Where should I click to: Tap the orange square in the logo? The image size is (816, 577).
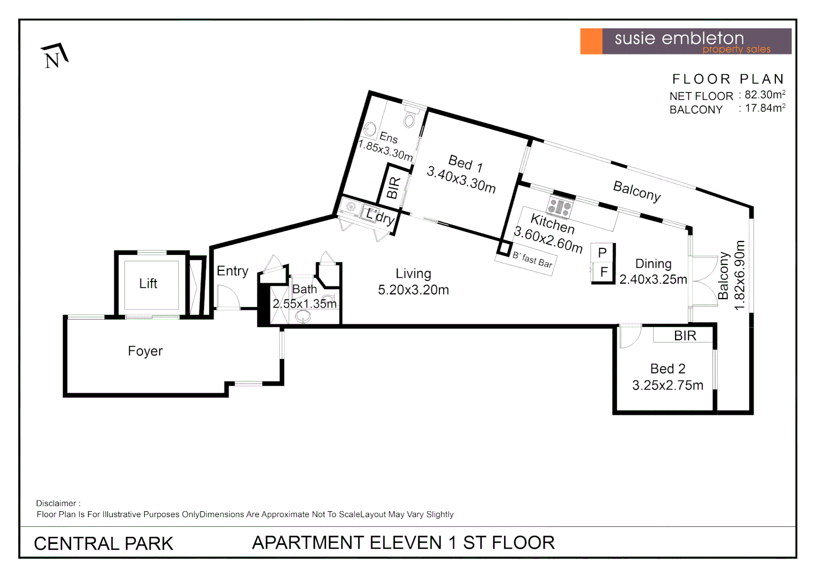click(x=591, y=41)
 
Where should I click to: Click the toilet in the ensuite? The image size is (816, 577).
click(x=410, y=118)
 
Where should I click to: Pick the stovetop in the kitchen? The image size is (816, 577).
click(x=560, y=207)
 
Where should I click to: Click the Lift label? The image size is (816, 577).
click(x=148, y=284)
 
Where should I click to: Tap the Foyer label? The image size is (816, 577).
click(x=145, y=351)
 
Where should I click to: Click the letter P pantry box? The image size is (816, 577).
click(x=602, y=253)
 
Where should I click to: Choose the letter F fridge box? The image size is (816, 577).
click(x=603, y=272)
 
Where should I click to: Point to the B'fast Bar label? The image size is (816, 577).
click(x=532, y=260)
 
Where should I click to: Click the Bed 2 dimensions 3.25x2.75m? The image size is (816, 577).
click(x=668, y=385)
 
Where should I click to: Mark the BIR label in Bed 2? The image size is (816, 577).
click(x=685, y=336)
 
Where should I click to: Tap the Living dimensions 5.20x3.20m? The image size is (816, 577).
click(x=413, y=290)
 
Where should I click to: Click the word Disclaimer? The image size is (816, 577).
click(x=57, y=503)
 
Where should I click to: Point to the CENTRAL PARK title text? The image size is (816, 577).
click(x=103, y=543)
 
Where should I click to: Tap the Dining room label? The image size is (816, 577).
click(x=653, y=264)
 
